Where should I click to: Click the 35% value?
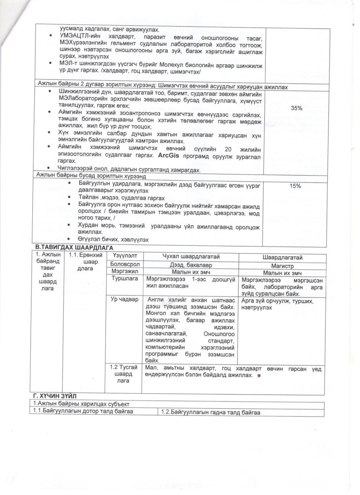tap(296, 108)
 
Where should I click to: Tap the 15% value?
tap(296, 186)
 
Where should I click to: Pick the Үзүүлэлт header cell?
tap(123, 257)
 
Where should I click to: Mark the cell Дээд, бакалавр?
tap(191, 265)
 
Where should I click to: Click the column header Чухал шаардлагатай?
tap(191, 257)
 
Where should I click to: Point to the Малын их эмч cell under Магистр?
tap(282, 273)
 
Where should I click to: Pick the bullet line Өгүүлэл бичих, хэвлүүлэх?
tap(113, 239)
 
